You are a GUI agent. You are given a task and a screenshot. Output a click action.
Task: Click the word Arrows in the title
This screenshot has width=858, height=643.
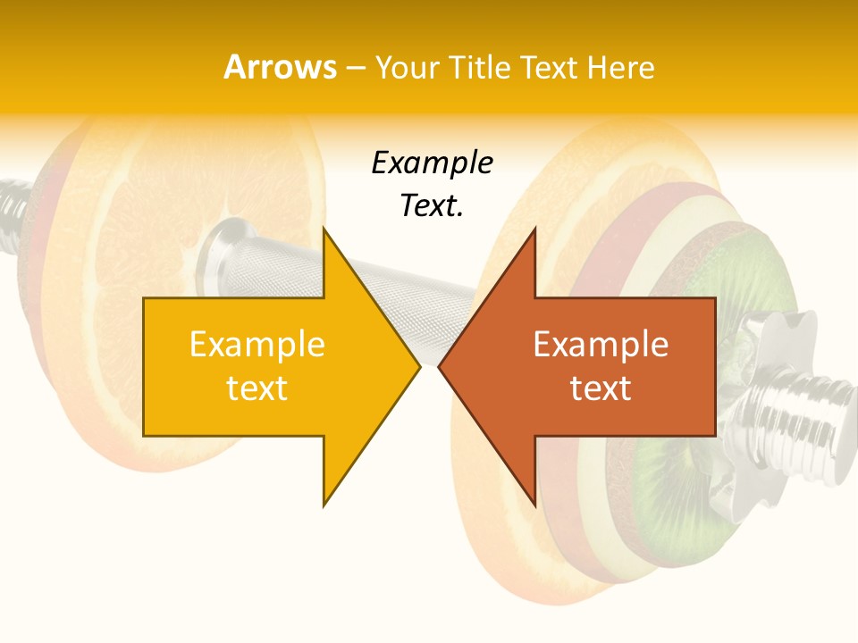[280, 67]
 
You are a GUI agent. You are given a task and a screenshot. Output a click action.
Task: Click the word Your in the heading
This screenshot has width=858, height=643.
[406, 67]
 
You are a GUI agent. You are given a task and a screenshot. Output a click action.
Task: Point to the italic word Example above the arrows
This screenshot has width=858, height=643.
[432, 163]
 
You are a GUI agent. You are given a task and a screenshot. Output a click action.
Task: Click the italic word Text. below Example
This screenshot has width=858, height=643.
[432, 205]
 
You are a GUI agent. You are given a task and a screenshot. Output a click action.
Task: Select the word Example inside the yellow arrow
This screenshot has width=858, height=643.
[257, 345]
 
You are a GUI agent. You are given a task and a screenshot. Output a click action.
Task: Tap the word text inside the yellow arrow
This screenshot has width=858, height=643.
[257, 388]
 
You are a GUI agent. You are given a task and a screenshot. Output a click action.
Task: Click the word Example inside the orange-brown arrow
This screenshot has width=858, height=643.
[601, 345]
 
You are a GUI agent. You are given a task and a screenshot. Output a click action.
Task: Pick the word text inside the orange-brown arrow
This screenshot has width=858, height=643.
[601, 388]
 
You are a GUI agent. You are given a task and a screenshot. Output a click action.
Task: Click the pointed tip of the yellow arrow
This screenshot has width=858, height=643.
[419, 366]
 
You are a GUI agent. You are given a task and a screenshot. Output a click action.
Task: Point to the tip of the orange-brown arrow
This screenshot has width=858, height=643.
[440, 366]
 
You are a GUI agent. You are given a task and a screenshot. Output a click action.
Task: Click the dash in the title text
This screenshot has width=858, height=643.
[354, 68]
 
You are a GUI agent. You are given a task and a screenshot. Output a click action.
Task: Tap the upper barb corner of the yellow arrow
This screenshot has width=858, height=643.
[324, 230]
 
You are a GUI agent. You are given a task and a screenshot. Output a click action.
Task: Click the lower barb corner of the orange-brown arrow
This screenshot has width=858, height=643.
[534, 505]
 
